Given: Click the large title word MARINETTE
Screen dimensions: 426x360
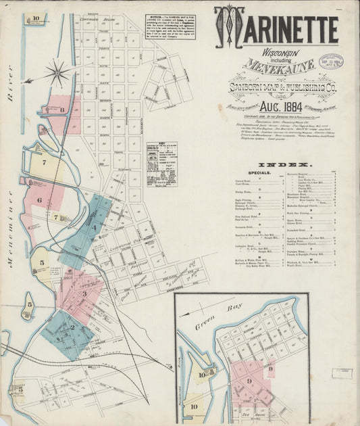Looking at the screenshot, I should pos(277,28).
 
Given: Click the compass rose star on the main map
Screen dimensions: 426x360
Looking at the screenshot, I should pos(59,72).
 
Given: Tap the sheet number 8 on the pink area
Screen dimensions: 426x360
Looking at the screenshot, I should pos(61,109).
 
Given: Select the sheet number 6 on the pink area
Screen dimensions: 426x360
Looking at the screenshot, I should pos(39,200).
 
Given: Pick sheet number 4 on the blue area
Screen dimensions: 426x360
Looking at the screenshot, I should pos(95,228).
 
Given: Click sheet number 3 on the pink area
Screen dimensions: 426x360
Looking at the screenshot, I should pos(84,294).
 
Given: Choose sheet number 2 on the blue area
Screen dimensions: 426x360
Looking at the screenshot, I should pos(71,328).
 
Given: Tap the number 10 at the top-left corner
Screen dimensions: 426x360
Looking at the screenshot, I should pos(35,18).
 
